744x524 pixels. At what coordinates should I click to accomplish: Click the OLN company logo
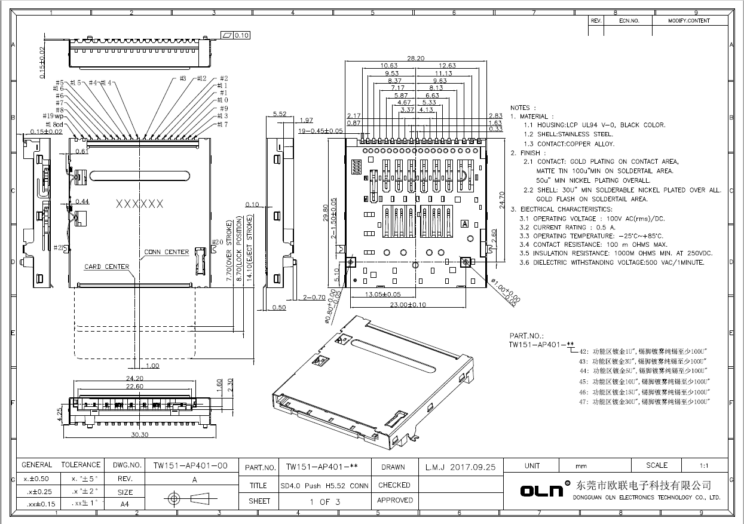pos(541,490)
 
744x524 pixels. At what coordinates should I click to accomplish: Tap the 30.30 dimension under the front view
pos(139,434)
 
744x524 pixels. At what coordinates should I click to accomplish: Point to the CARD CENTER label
pos(106,266)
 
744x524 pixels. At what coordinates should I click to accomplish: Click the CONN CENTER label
pos(166,252)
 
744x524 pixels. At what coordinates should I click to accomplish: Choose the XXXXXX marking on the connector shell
pos(139,204)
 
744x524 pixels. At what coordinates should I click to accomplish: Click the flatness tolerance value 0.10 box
pos(242,35)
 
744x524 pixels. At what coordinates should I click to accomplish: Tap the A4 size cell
pos(125,504)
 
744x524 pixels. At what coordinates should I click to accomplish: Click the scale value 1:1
pos(703,466)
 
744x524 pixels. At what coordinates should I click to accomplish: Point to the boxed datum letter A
pos(465,223)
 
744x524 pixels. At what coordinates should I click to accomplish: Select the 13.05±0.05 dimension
pos(383,295)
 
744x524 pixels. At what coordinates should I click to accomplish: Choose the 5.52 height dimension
pos(280,114)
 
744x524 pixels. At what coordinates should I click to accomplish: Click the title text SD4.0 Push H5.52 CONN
pos(324,486)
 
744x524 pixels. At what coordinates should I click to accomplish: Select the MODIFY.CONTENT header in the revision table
pos(689,20)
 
